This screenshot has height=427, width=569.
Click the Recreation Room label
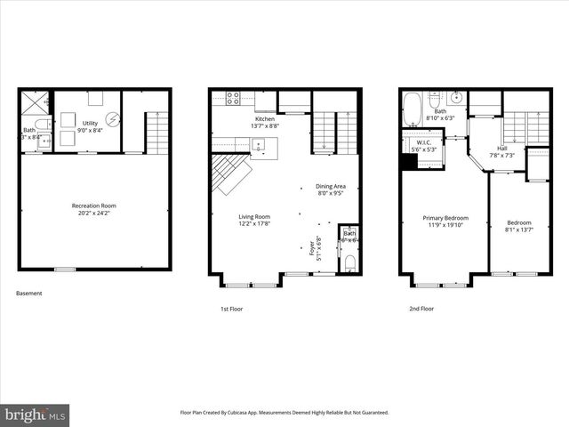pyautogui.click(x=94, y=205)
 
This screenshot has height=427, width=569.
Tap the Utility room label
pyautogui.click(x=91, y=124)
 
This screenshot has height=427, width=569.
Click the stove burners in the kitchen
pyautogui.click(x=234, y=98)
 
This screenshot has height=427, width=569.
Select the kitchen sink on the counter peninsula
pyautogui.click(x=259, y=144)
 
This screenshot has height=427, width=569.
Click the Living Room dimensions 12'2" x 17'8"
pyautogui.click(x=254, y=223)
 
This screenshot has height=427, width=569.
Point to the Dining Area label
pyautogui.click(x=331, y=186)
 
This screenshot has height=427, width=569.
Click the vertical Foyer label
pyautogui.click(x=312, y=248)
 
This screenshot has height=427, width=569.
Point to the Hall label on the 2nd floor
pyautogui.click(x=501, y=149)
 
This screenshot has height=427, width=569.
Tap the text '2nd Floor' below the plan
pyautogui.click(x=421, y=309)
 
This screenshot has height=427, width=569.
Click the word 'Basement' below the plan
pyautogui.click(x=28, y=294)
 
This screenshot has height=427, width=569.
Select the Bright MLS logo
pyautogui.click(x=36, y=415)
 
